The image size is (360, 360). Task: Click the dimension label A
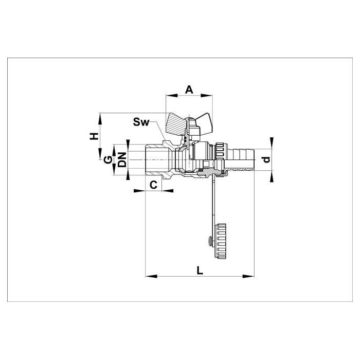tap(189, 89)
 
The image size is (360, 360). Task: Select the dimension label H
tap(94, 136)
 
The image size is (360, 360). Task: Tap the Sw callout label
tap(141, 122)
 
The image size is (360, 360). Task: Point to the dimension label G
tap(108, 160)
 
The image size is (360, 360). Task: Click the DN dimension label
tap(122, 159)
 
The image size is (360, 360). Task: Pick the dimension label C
tap(153, 185)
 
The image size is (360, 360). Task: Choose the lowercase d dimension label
tap(266, 159)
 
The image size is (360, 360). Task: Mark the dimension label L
tap(200, 271)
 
